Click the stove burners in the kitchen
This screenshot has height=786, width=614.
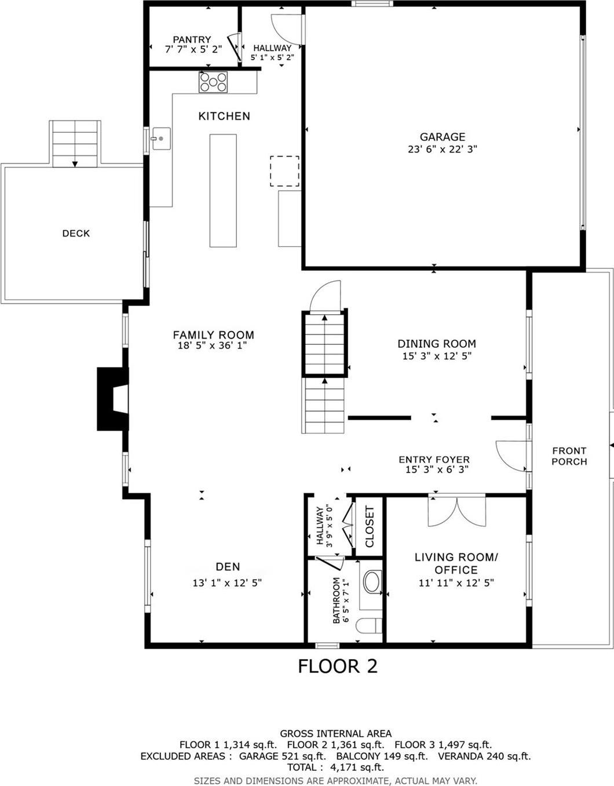click(213, 82)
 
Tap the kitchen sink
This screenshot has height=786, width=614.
click(161, 139)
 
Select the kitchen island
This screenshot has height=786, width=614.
click(223, 190)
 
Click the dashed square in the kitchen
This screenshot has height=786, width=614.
click(284, 171)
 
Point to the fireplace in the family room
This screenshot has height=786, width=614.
click(114, 399)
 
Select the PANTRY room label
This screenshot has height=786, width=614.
click(192, 39)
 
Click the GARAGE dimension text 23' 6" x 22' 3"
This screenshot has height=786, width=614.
click(443, 149)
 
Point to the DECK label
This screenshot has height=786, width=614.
click(76, 233)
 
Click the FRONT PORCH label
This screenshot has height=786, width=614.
click(569, 456)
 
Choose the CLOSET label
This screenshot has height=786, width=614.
click(370, 526)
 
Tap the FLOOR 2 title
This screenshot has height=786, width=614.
click(338, 666)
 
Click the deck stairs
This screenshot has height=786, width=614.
click(75, 144)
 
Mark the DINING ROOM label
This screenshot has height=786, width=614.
click(437, 344)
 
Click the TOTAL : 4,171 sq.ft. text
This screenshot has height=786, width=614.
click(335, 767)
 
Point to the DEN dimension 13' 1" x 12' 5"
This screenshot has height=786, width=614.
click(227, 583)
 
